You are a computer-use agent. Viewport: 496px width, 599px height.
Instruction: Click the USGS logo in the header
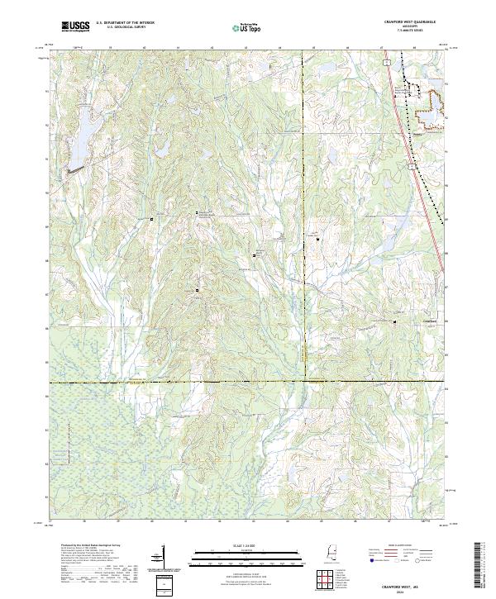click(x=75, y=26)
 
